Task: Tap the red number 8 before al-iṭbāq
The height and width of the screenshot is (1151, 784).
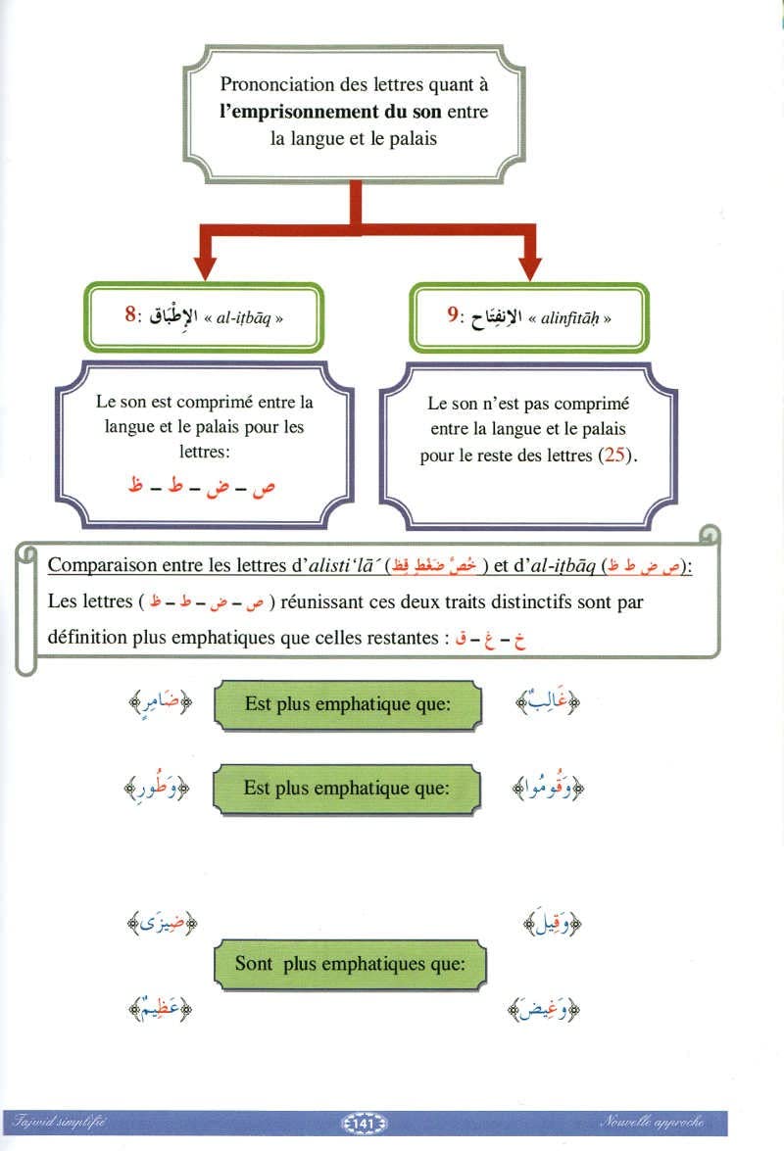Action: (x=130, y=315)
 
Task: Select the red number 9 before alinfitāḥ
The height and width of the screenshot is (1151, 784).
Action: (x=454, y=315)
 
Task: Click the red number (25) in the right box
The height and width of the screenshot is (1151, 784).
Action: (x=614, y=456)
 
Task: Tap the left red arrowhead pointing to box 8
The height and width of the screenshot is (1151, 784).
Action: (x=205, y=267)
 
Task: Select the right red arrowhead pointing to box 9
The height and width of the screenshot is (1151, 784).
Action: (x=529, y=267)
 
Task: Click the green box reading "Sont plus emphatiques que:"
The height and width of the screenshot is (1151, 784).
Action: (x=349, y=964)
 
